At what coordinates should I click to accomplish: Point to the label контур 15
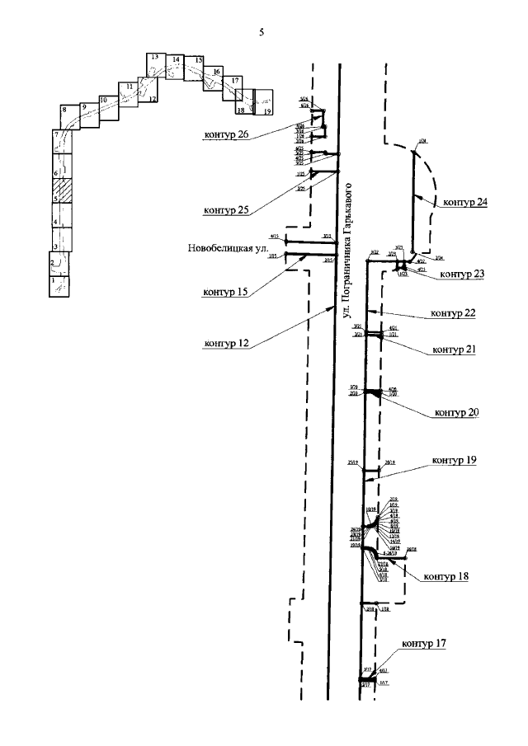(x=224, y=292)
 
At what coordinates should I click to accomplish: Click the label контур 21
(x=454, y=350)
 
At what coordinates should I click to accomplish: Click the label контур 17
(x=425, y=644)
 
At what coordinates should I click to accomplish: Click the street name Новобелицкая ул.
(x=227, y=246)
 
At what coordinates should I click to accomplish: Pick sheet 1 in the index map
(x=59, y=286)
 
